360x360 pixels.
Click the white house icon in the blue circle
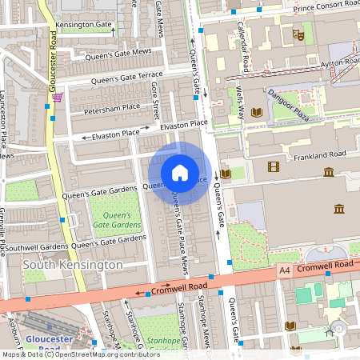180,173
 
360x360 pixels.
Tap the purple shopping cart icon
57,98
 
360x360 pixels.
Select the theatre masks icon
298,34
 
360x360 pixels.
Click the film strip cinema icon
274,166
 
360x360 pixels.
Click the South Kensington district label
73,265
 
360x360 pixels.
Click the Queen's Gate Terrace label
126,78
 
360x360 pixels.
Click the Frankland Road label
318,154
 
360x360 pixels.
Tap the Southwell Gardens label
34,247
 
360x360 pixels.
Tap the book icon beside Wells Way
257,112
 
